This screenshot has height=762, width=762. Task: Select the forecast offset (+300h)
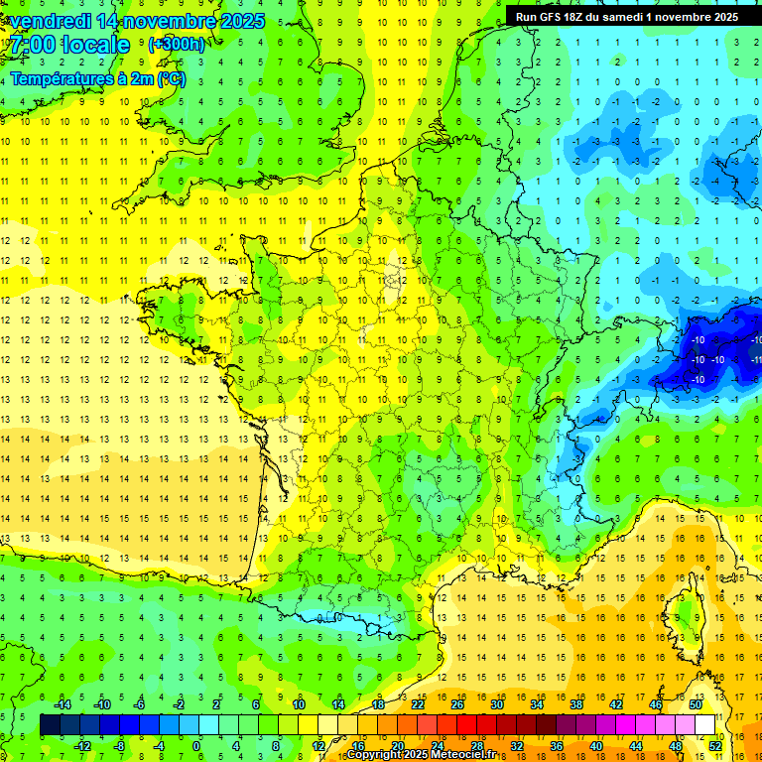click(x=176, y=45)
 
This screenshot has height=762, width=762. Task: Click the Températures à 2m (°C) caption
click(x=97, y=78)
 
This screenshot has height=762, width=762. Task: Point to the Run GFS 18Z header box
click(x=627, y=17)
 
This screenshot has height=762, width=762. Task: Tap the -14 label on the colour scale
click(x=63, y=704)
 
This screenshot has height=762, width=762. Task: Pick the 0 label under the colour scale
click(x=196, y=746)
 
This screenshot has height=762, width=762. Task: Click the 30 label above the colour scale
click(x=496, y=704)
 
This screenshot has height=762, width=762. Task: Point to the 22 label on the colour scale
click(x=418, y=704)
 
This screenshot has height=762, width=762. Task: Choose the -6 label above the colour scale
click(x=140, y=704)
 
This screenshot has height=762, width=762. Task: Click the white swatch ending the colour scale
click(x=705, y=725)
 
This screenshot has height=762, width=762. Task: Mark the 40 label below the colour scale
click(x=596, y=746)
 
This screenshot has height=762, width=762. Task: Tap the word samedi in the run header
click(x=643, y=17)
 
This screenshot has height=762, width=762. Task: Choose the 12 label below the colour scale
click(x=317, y=746)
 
